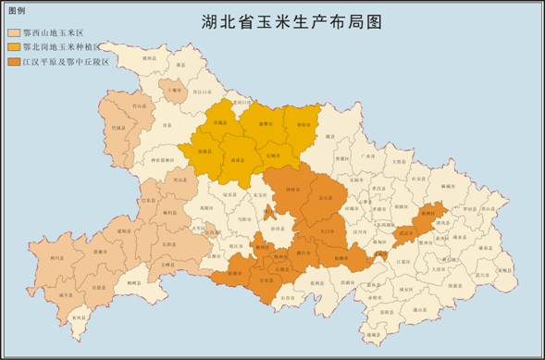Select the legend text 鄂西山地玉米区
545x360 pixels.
coord(53,31)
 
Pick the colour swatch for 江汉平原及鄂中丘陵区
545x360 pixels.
coord(14,61)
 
